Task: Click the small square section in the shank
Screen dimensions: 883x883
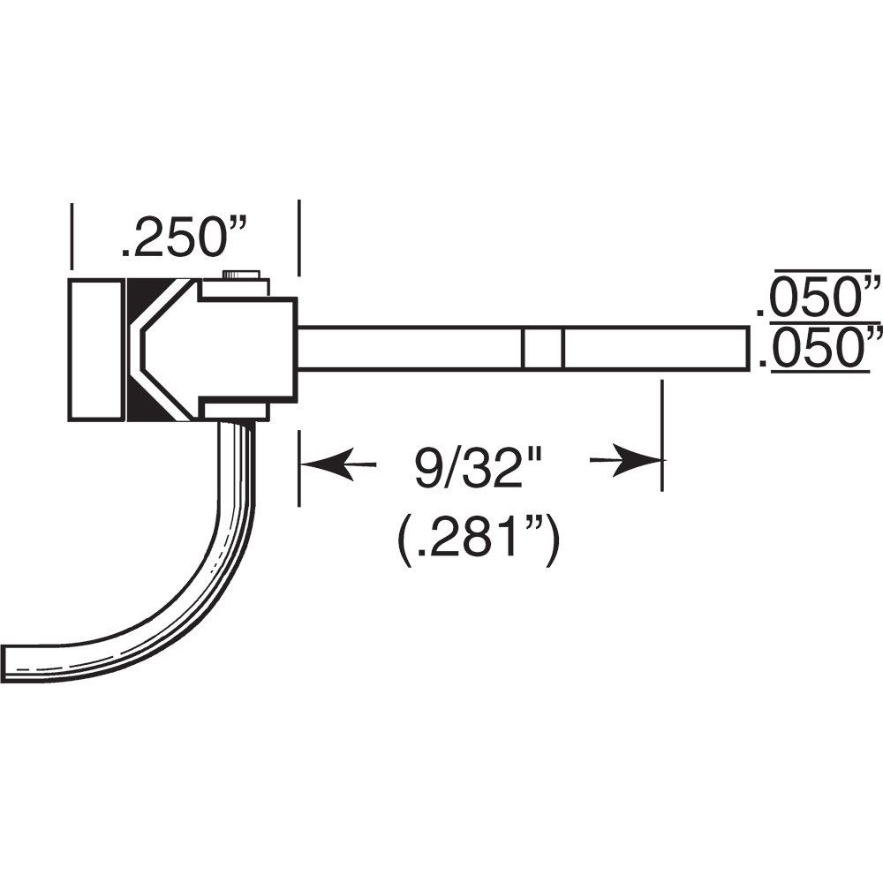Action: pos(542,349)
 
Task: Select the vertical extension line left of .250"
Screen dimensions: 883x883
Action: pos(71,234)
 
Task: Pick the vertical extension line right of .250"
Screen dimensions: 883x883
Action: pos(300,238)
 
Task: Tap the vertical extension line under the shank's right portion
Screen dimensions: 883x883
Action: pos(661,433)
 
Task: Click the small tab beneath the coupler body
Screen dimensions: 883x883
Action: pos(235,411)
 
